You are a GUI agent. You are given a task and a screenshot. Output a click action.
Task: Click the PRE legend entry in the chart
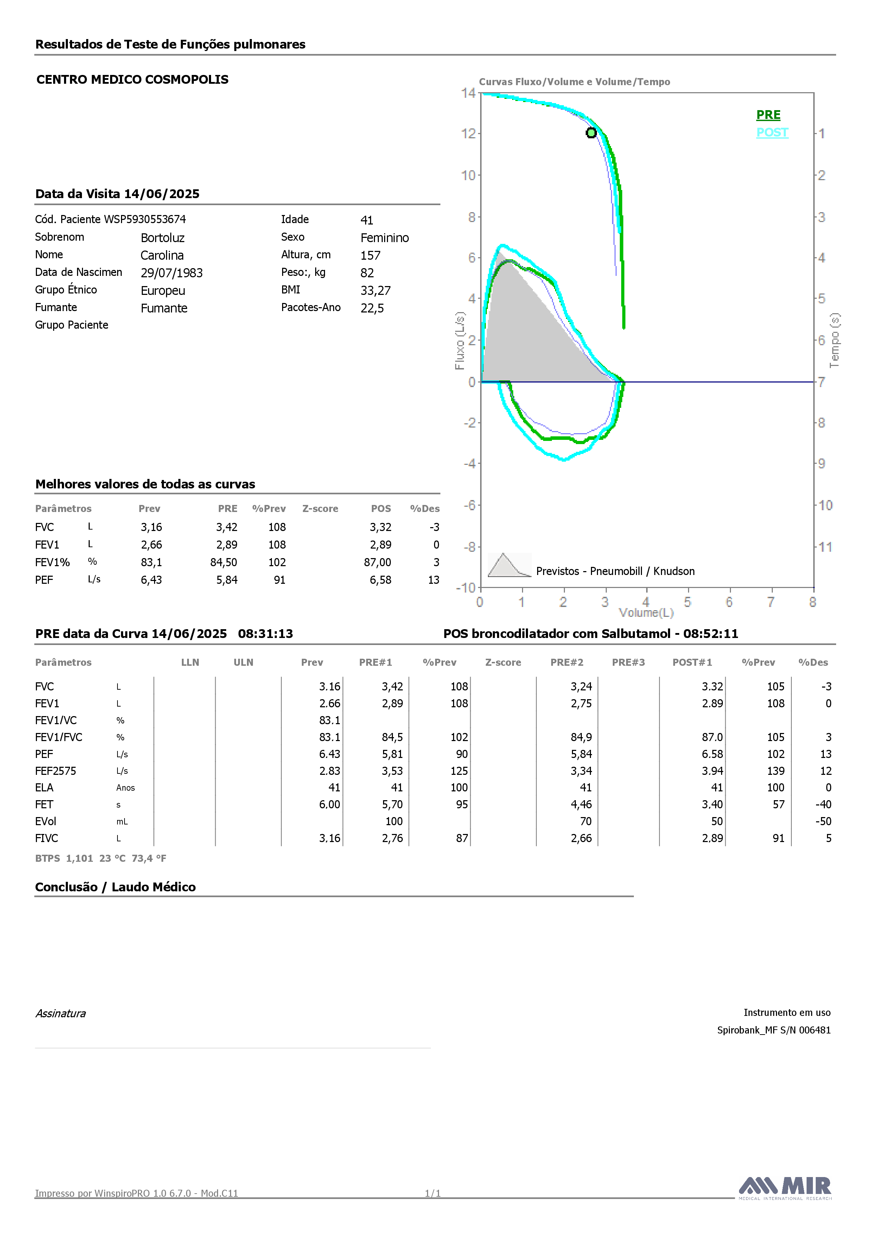(x=768, y=115)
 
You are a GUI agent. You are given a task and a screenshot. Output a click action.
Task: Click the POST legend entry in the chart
(x=772, y=133)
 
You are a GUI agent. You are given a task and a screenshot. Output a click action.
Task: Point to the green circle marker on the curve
(x=591, y=133)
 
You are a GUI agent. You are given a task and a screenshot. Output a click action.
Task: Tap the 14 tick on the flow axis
(x=468, y=93)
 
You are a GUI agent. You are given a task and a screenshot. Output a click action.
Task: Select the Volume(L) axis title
(x=646, y=613)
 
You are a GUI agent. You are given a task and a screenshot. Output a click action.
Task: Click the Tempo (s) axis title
(x=834, y=341)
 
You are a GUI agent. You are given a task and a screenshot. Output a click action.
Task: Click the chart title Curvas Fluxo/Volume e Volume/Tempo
(x=574, y=82)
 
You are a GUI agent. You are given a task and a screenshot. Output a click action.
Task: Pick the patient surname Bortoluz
(x=163, y=238)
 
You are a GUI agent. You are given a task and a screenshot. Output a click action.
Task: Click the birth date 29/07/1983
(x=172, y=273)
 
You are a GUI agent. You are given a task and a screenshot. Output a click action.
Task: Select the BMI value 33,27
(x=375, y=291)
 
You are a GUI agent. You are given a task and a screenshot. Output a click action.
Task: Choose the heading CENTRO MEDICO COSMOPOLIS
(x=133, y=80)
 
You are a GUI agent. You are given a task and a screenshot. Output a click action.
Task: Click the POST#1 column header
(x=692, y=662)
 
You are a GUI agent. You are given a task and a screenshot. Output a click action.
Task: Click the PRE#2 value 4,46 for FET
(x=581, y=804)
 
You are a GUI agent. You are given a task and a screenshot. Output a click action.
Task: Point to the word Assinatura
(x=61, y=1013)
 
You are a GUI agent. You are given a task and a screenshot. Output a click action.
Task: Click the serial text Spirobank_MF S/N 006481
(x=774, y=1030)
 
